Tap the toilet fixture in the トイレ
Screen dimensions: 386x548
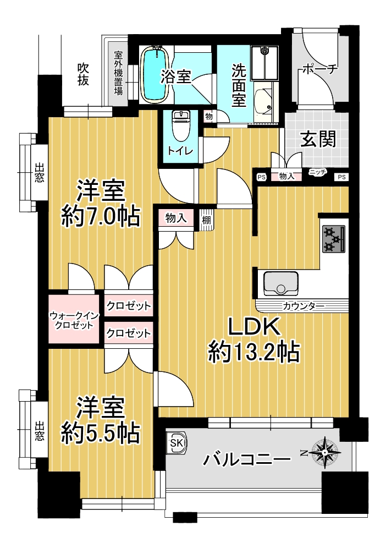(x=180, y=125)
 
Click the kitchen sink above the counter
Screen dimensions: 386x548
(x=281, y=283)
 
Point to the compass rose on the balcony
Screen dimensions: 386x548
(x=325, y=453)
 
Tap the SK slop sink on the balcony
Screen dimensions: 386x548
(x=177, y=443)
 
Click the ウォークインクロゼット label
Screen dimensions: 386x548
(x=74, y=320)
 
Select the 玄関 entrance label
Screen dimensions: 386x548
(x=318, y=139)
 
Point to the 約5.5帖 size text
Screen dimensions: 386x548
(x=101, y=433)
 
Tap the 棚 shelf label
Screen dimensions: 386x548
(x=206, y=220)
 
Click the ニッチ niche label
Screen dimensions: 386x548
(x=317, y=172)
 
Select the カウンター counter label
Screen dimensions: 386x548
(x=303, y=306)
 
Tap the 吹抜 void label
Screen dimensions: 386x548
(x=83, y=74)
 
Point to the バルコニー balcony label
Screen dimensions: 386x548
(x=247, y=459)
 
